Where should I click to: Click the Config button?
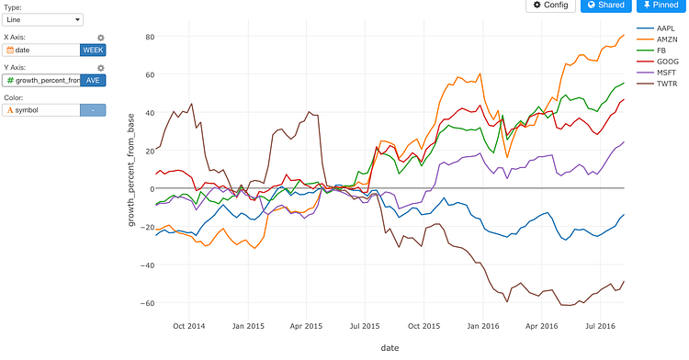[x=550, y=6]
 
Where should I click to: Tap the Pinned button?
[x=660, y=6]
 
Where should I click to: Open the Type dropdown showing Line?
[x=43, y=18]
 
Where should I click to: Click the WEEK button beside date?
[x=93, y=50]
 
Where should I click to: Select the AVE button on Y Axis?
[x=93, y=80]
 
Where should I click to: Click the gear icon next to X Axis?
[x=101, y=38]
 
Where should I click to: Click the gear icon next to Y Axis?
[x=101, y=68]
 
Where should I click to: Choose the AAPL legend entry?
[x=667, y=28]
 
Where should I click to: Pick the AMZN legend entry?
[x=667, y=39]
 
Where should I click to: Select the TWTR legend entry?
[x=667, y=83]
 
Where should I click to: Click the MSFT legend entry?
[x=667, y=72]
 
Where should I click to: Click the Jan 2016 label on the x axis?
[x=482, y=325]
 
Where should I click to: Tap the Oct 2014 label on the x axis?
[x=187, y=325]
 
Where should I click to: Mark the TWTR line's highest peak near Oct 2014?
[x=191, y=104]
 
